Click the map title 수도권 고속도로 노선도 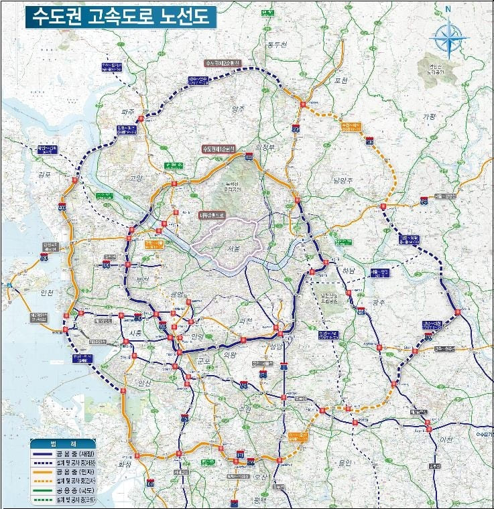pyautogui.click(x=121, y=17)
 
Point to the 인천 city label pyautogui.click(x=29, y=293)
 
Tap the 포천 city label pyautogui.click(x=341, y=81)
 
